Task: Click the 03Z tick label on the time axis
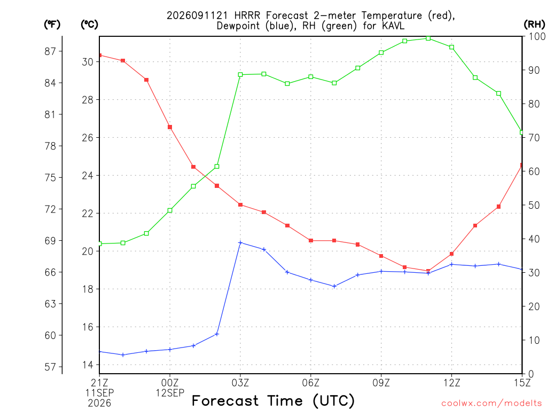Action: [240, 383]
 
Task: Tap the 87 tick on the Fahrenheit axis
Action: [50, 51]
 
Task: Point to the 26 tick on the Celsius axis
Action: [88, 138]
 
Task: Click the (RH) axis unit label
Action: [534, 25]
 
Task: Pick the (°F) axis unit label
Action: [52, 25]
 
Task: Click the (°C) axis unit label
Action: [89, 25]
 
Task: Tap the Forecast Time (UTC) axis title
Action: [273, 400]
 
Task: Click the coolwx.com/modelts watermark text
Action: [491, 404]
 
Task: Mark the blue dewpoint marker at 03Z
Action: [240, 243]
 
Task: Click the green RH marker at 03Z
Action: [240, 75]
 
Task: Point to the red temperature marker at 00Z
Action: [170, 127]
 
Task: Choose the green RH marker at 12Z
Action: [451, 47]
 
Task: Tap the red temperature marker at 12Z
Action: [451, 254]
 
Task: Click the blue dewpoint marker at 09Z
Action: [381, 271]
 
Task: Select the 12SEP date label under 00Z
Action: [170, 393]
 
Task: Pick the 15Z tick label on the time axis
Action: [522, 383]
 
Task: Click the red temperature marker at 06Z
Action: [311, 241]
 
